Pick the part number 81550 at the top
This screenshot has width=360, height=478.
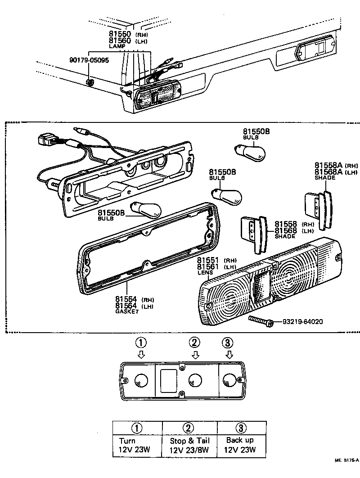pos(120,34)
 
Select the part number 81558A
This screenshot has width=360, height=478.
pos(331,165)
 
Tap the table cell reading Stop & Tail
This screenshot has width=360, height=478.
pos(189,441)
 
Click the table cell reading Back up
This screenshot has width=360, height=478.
pos(240,440)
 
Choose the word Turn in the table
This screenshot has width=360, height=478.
pos(127,441)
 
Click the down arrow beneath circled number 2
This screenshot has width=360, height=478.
pos(195,355)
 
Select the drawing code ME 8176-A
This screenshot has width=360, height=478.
pos(346,460)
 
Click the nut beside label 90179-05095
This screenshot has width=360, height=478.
pos(89,82)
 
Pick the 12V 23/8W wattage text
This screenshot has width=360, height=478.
pos(189,450)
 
